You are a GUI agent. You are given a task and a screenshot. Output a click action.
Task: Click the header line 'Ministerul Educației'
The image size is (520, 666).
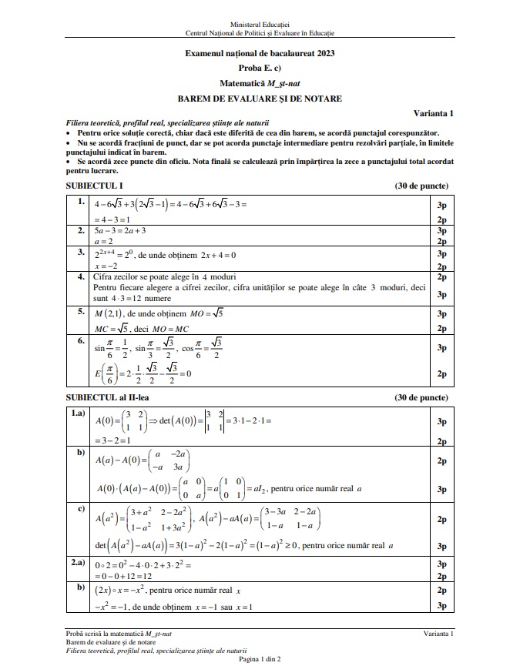[260, 25]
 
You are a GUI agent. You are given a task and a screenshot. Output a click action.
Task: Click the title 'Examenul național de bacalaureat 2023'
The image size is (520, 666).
[260, 53]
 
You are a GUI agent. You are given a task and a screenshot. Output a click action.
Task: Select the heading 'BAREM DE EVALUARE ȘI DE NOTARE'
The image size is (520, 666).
[260, 99]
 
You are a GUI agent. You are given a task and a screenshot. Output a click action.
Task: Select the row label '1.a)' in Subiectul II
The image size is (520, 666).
[79, 413]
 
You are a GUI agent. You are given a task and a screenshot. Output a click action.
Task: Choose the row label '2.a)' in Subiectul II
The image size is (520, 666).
[79, 564]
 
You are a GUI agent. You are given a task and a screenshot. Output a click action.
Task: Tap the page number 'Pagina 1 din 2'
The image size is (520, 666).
[260, 659]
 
